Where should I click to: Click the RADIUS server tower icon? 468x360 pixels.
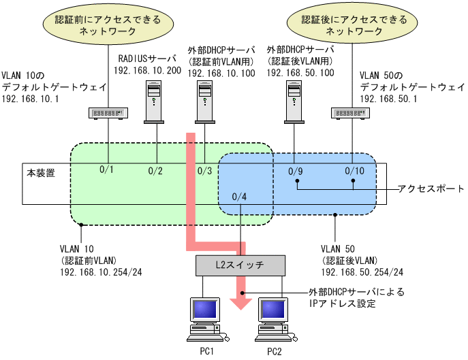point(156,101)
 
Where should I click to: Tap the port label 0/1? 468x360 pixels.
point(107,169)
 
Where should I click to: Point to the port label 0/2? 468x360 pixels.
point(156,170)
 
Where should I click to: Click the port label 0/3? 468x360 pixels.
point(205,170)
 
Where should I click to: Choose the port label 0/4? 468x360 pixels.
point(240,197)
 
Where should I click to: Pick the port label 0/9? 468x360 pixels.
point(295,170)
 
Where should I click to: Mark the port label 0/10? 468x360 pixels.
point(355,170)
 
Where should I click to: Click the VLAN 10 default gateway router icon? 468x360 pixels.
point(108,112)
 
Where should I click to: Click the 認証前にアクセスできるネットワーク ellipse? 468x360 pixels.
point(108,25)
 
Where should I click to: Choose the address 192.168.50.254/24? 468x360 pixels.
point(354,273)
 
